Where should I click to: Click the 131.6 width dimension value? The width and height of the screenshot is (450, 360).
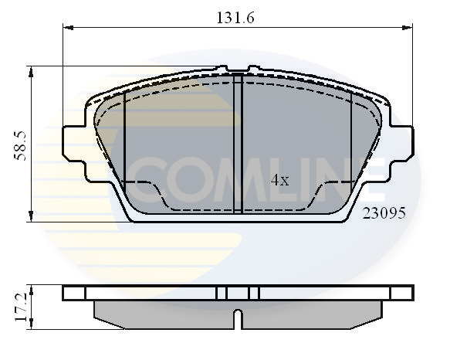235,18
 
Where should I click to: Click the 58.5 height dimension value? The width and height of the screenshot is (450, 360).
20,146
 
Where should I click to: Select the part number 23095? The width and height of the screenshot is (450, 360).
384,213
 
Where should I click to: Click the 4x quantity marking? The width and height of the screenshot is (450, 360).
280,180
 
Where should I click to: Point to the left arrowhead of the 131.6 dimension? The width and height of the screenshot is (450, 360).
68,28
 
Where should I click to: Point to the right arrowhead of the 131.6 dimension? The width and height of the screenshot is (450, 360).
408,28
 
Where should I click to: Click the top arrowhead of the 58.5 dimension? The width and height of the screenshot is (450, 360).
31,72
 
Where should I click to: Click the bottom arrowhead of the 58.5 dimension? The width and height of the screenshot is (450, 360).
31,216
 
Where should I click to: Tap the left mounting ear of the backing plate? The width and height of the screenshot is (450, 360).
74,143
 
